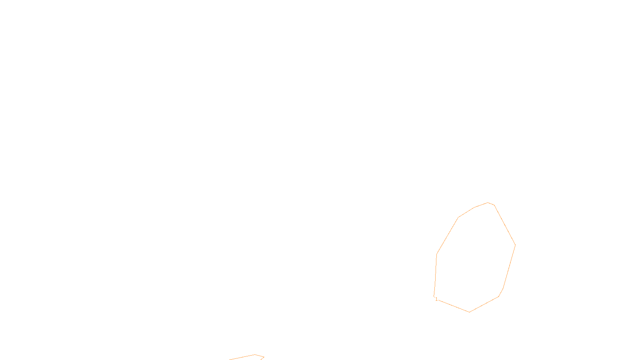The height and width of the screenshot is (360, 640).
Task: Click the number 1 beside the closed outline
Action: point(436,299)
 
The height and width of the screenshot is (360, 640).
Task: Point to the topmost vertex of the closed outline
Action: point(488,202)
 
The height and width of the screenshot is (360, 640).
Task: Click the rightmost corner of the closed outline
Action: point(515,245)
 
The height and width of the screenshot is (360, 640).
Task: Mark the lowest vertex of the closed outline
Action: point(469,312)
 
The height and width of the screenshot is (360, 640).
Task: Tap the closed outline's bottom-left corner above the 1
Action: point(434,296)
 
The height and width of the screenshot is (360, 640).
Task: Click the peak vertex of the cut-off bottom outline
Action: point(255,354)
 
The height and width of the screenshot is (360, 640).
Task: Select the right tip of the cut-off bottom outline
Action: point(264,357)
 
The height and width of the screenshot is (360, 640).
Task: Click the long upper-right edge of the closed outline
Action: point(505,225)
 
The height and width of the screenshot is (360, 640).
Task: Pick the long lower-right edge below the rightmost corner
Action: point(509,266)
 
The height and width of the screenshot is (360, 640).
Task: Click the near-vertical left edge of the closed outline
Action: point(435,275)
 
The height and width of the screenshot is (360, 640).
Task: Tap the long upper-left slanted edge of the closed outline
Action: point(448,236)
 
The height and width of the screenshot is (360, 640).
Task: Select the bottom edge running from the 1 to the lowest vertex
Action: point(452,305)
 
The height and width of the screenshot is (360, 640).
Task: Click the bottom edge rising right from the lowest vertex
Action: point(484,304)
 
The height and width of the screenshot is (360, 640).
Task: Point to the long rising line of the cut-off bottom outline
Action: point(242,357)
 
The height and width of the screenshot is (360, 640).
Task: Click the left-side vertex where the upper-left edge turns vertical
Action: point(437,254)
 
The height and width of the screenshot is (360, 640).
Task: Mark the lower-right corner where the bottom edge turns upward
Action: point(499,296)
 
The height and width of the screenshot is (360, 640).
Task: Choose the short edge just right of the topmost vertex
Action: point(491,204)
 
